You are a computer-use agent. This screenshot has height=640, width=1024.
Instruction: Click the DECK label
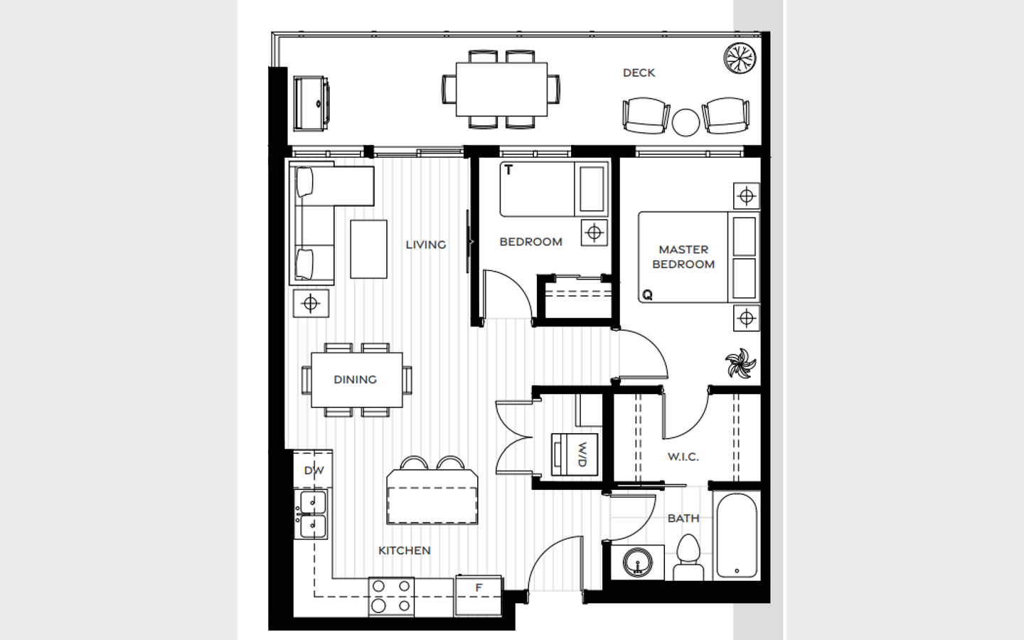639,73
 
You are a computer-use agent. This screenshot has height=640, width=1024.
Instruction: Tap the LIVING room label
425,245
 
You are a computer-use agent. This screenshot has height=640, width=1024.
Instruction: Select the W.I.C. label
683,457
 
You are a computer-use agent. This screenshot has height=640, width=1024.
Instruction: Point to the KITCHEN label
405,550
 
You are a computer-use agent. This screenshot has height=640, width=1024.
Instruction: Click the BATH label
683,518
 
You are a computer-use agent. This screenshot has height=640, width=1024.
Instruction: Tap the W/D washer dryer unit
575,454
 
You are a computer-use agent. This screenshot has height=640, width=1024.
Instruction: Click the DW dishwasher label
314,471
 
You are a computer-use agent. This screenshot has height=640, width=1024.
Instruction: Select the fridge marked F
478,595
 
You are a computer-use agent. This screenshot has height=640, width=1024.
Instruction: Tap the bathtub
737,535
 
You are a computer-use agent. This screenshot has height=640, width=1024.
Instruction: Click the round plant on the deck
740,58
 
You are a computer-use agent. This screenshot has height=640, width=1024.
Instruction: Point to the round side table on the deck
686,122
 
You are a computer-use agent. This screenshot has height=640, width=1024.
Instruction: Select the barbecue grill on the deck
311,103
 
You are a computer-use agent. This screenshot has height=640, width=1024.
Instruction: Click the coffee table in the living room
368,249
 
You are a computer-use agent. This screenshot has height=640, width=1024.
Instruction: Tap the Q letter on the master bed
647,295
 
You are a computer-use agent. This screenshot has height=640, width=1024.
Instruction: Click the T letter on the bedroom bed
508,170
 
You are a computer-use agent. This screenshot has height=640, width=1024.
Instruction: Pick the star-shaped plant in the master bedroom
740,363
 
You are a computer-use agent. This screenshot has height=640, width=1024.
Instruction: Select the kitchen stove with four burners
391,597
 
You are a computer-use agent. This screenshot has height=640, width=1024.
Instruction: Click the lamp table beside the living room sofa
311,303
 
